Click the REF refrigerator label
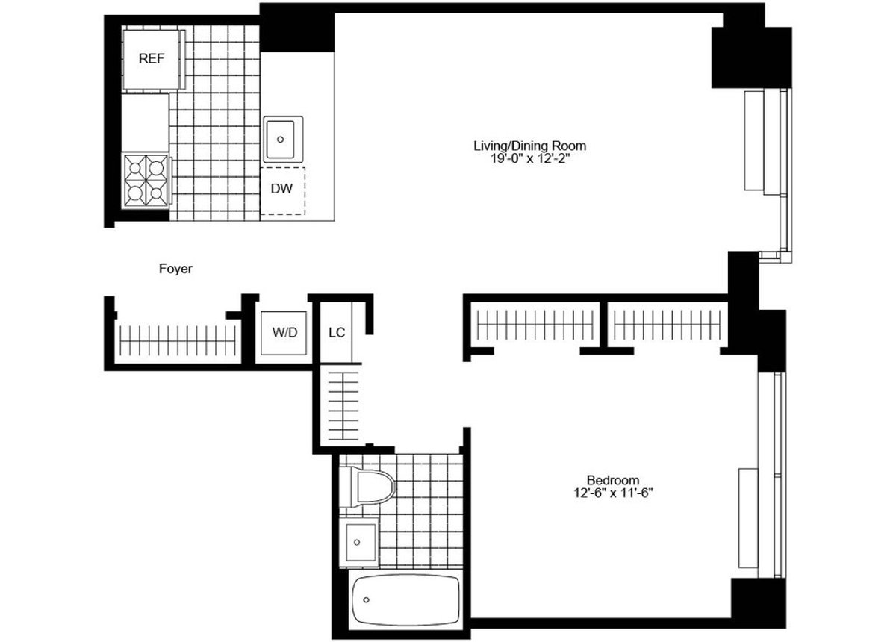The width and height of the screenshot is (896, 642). (x=151, y=58)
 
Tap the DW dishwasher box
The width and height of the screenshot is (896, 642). (x=281, y=190)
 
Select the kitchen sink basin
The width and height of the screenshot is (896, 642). (x=282, y=139)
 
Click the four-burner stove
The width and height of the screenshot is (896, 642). (x=146, y=178)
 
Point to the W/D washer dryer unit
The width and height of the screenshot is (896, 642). (x=283, y=331)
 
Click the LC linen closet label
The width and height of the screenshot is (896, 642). (x=337, y=331)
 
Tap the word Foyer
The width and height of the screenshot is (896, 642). (x=175, y=269)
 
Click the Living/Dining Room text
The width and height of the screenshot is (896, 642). (x=529, y=146)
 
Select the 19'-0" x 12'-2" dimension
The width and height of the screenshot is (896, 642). (x=529, y=158)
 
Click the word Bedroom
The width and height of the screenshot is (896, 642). (x=612, y=480)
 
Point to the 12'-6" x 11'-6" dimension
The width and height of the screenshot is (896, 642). (x=612, y=493)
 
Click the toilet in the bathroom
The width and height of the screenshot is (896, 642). (x=367, y=486)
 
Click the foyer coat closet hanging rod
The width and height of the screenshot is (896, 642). (x=176, y=340)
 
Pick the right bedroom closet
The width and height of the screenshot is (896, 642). (x=666, y=324)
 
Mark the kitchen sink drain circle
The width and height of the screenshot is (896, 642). (x=281, y=139)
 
